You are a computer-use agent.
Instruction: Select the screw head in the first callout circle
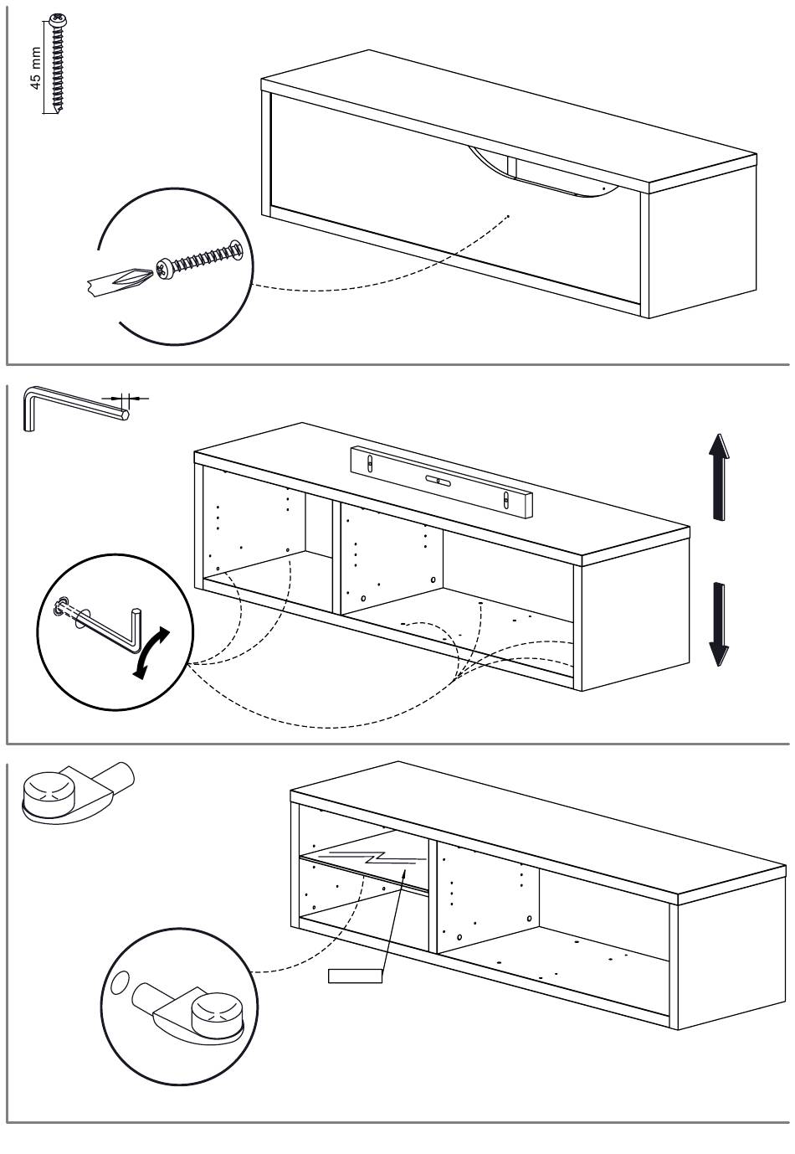pyautogui.click(x=165, y=267)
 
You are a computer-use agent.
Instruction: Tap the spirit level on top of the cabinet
pyautogui.click(x=440, y=480)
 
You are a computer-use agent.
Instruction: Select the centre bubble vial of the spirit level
pyautogui.click(x=438, y=481)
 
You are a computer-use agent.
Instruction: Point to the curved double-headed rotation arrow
pyautogui.click(x=151, y=652)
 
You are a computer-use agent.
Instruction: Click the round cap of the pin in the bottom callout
pyautogui.click(x=214, y=1016)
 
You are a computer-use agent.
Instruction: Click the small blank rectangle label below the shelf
pyautogui.click(x=356, y=976)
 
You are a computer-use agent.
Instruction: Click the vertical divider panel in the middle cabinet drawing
pyautogui.click(x=336, y=558)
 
